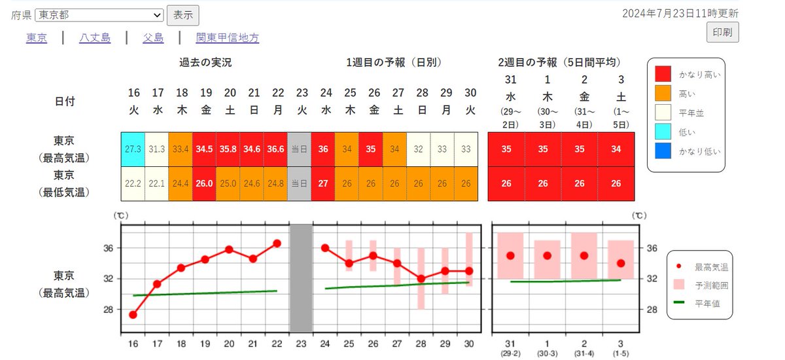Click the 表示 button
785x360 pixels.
tap(183, 15)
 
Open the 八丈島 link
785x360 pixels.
tap(95, 38)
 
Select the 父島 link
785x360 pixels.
tap(153, 38)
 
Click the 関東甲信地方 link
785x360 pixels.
tap(228, 38)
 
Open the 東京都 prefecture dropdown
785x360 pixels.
tap(99, 15)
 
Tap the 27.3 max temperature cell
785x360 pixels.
tap(133, 149)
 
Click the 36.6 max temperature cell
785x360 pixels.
tap(276, 149)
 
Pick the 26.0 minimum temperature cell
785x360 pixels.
tap(204, 184)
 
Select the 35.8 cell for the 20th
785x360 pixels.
tap(228, 149)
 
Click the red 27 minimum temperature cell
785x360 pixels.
tap(323, 184)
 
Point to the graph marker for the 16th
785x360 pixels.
tap(133, 315)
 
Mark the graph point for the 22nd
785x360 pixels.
tap(277, 243)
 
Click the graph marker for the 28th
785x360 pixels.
tap(421, 278)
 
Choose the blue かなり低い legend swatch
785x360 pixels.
tap(664, 151)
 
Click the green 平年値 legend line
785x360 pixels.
tap(679, 302)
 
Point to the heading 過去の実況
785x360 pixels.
tap(205, 63)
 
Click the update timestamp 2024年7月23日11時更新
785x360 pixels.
tap(680, 13)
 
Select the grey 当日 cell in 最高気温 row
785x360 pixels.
tap(300, 149)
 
